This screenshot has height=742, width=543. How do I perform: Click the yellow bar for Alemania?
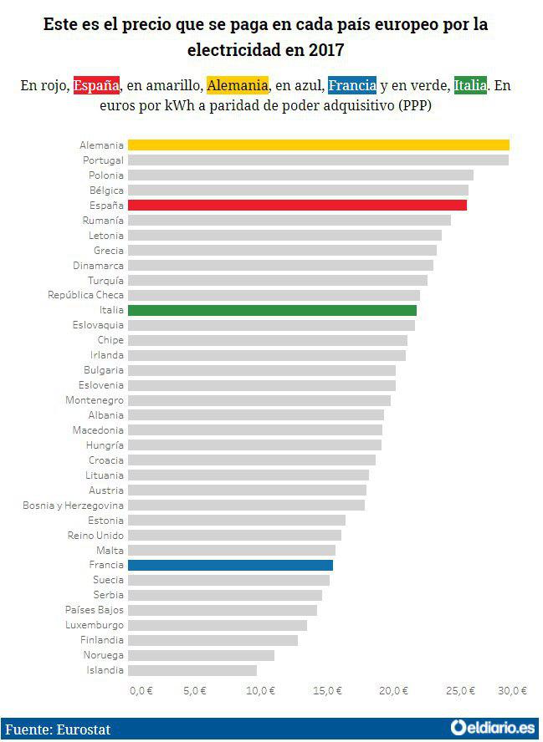click(318, 145)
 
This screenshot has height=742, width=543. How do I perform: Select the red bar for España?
click(297, 206)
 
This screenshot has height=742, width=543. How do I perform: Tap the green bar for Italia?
click(272, 311)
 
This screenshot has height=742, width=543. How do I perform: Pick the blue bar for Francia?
click(230, 566)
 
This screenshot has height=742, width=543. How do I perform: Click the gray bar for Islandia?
click(192, 670)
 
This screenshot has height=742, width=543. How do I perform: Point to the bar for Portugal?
click(318, 160)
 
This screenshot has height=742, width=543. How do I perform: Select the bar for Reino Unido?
click(234, 536)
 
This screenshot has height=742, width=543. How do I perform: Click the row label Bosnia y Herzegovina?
click(74, 506)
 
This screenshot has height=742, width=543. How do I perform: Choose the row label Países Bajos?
click(95, 610)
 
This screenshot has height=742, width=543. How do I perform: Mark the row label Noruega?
click(104, 655)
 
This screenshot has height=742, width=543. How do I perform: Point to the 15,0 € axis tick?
click(327, 690)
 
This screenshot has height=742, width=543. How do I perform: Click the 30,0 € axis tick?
click(513, 690)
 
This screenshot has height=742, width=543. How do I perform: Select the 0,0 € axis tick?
click(141, 690)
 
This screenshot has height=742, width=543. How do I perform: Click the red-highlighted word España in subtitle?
click(96, 85)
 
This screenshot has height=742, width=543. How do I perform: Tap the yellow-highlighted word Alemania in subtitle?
click(238, 85)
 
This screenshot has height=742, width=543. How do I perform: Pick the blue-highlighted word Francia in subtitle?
click(352, 85)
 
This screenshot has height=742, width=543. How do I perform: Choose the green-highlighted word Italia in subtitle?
click(470, 85)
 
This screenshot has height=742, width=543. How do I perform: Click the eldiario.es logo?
click(492, 729)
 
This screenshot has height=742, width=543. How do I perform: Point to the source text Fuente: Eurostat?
click(58, 729)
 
